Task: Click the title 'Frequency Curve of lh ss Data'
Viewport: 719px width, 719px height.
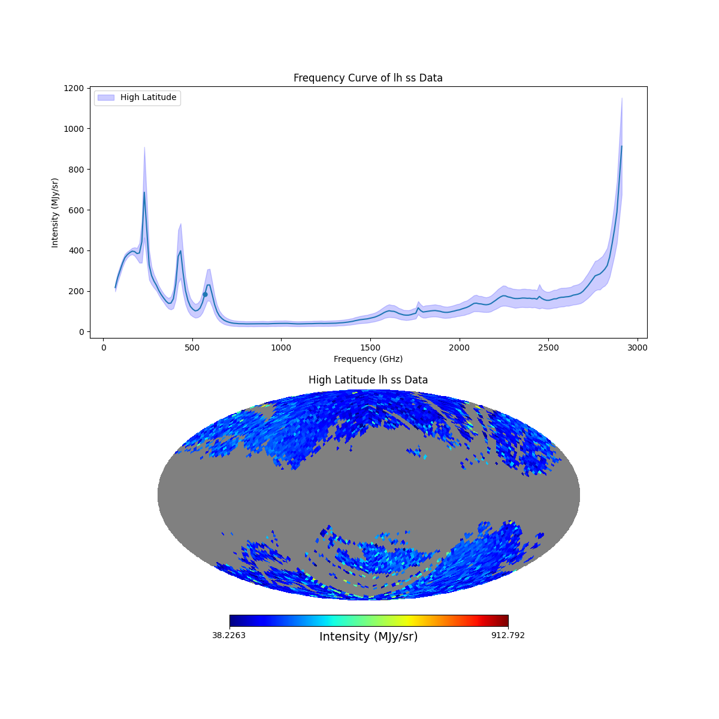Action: (x=368, y=78)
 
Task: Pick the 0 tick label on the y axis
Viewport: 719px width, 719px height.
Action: (x=81, y=332)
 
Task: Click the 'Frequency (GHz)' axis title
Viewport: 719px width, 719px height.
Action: (x=368, y=359)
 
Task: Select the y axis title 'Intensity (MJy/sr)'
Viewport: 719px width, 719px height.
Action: (x=55, y=213)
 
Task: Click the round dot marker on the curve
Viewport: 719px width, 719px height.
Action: (x=205, y=294)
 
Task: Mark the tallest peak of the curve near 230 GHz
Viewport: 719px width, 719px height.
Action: (x=144, y=192)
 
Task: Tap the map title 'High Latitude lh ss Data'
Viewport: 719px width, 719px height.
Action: (x=368, y=380)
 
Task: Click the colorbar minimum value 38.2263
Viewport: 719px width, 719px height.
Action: (x=229, y=635)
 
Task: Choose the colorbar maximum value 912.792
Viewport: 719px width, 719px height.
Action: (x=507, y=635)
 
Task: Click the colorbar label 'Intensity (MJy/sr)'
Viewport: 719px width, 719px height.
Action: (x=368, y=637)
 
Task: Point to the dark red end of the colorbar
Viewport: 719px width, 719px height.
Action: (x=505, y=621)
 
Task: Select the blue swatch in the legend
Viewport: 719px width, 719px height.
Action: (x=105, y=98)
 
